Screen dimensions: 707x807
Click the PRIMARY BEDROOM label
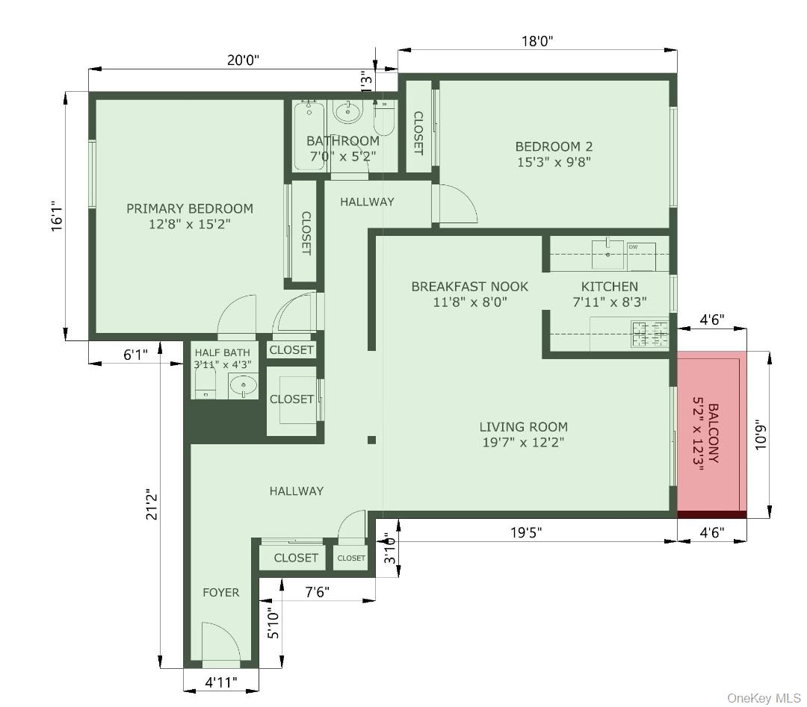point(190,209)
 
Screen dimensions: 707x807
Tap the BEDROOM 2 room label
point(554,146)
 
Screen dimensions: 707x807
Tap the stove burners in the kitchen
point(649,334)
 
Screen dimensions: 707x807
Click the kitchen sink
point(607,254)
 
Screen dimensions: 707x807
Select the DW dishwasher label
point(633,246)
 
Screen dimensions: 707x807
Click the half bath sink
point(243,386)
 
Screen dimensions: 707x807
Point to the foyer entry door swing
point(221,642)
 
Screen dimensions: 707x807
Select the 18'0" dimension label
point(537,42)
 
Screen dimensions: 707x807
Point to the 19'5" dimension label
point(526,532)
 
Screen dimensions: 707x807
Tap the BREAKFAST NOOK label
point(469,286)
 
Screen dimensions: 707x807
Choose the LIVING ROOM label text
point(523,427)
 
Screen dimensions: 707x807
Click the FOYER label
point(221,592)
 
